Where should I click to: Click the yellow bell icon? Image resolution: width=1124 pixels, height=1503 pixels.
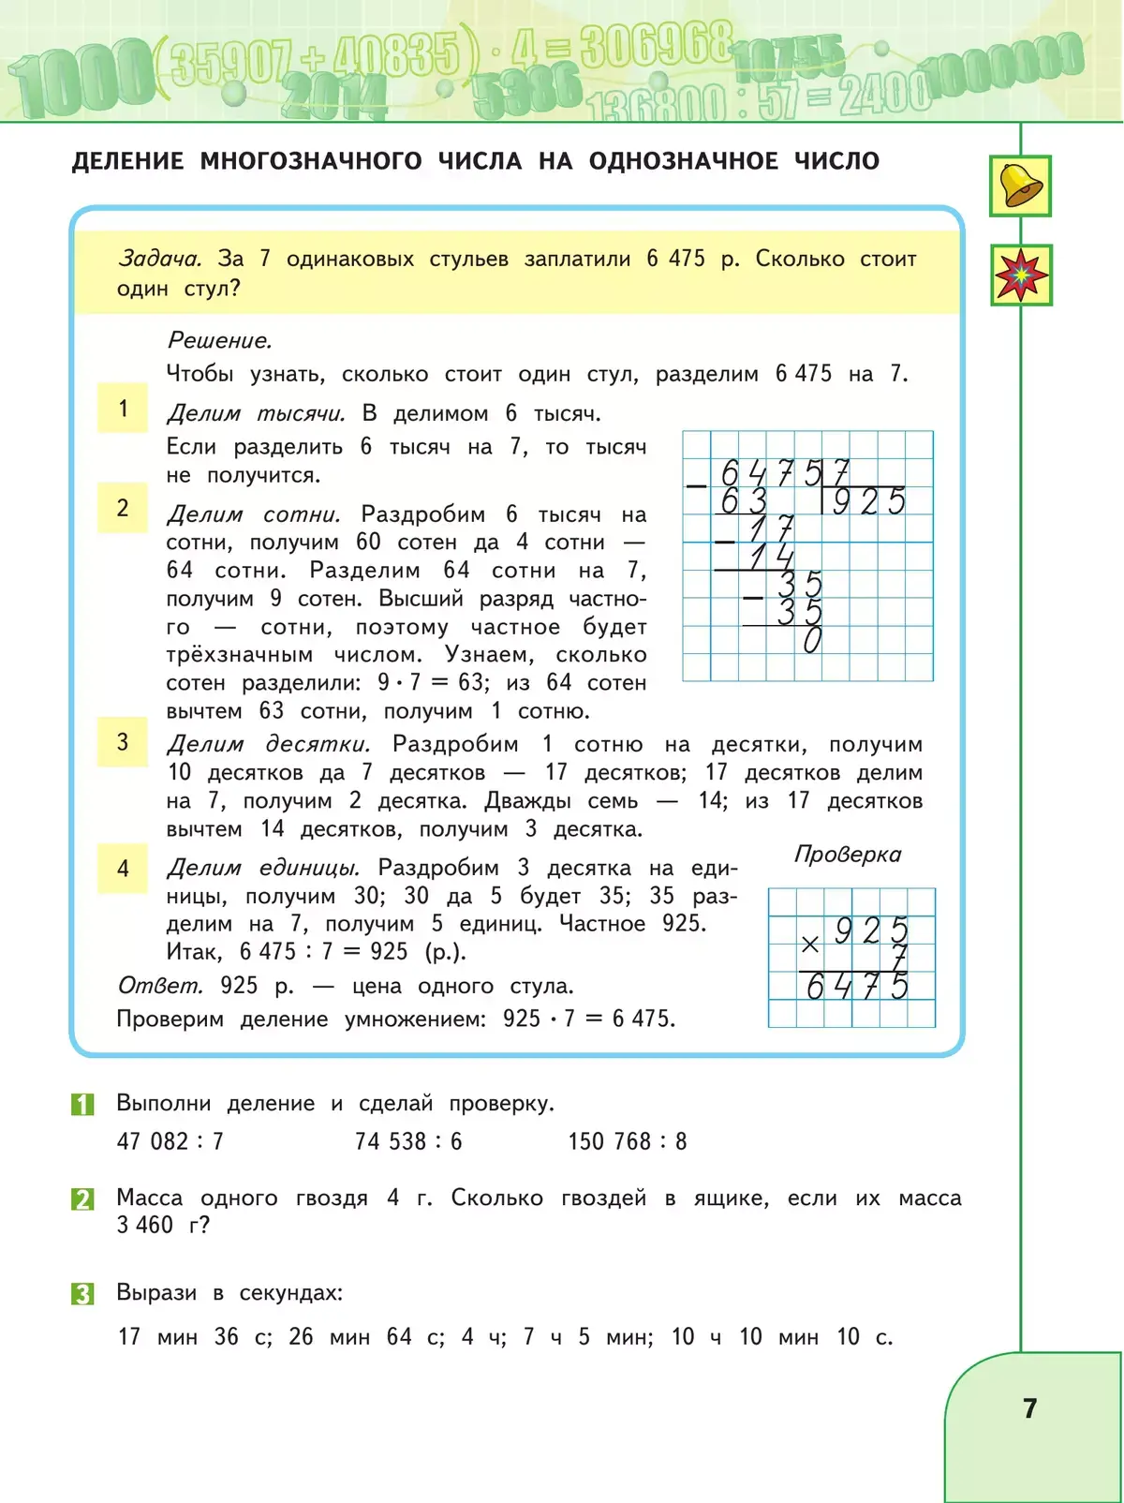tap(1020, 186)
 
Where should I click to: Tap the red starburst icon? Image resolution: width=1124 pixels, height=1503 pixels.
tap(1021, 275)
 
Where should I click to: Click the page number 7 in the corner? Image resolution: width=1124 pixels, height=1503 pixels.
tap(1030, 1408)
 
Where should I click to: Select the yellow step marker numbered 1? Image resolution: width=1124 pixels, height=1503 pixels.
tap(123, 408)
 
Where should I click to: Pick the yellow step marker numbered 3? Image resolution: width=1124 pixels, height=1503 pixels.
tap(123, 742)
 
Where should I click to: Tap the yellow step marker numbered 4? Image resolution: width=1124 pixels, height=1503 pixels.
tap(123, 869)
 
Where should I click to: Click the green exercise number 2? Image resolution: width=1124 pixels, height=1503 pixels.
tap(82, 1199)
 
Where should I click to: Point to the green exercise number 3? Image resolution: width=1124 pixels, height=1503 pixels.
tap(82, 1294)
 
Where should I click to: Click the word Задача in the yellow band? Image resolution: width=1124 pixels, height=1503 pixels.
tap(159, 259)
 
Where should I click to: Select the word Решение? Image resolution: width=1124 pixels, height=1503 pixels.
tap(219, 340)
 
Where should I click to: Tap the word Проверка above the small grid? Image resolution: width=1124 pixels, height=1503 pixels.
tap(848, 855)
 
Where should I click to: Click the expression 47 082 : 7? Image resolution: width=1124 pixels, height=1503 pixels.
tap(170, 1141)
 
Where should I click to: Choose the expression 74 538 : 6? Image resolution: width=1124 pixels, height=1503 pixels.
tap(408, 1141)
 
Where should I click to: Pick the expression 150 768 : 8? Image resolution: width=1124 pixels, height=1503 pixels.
tap(628, 1141)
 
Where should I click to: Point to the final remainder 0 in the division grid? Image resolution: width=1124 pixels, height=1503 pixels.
tap(812, 641)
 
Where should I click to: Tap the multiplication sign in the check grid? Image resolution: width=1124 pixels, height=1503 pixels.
tap(810, 945)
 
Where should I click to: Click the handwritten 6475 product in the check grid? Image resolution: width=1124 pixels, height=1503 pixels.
tap(857, 987)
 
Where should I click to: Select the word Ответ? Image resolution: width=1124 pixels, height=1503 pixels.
tap(159, 986)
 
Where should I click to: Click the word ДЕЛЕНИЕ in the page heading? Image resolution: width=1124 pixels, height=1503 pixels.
tap(127, 161)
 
